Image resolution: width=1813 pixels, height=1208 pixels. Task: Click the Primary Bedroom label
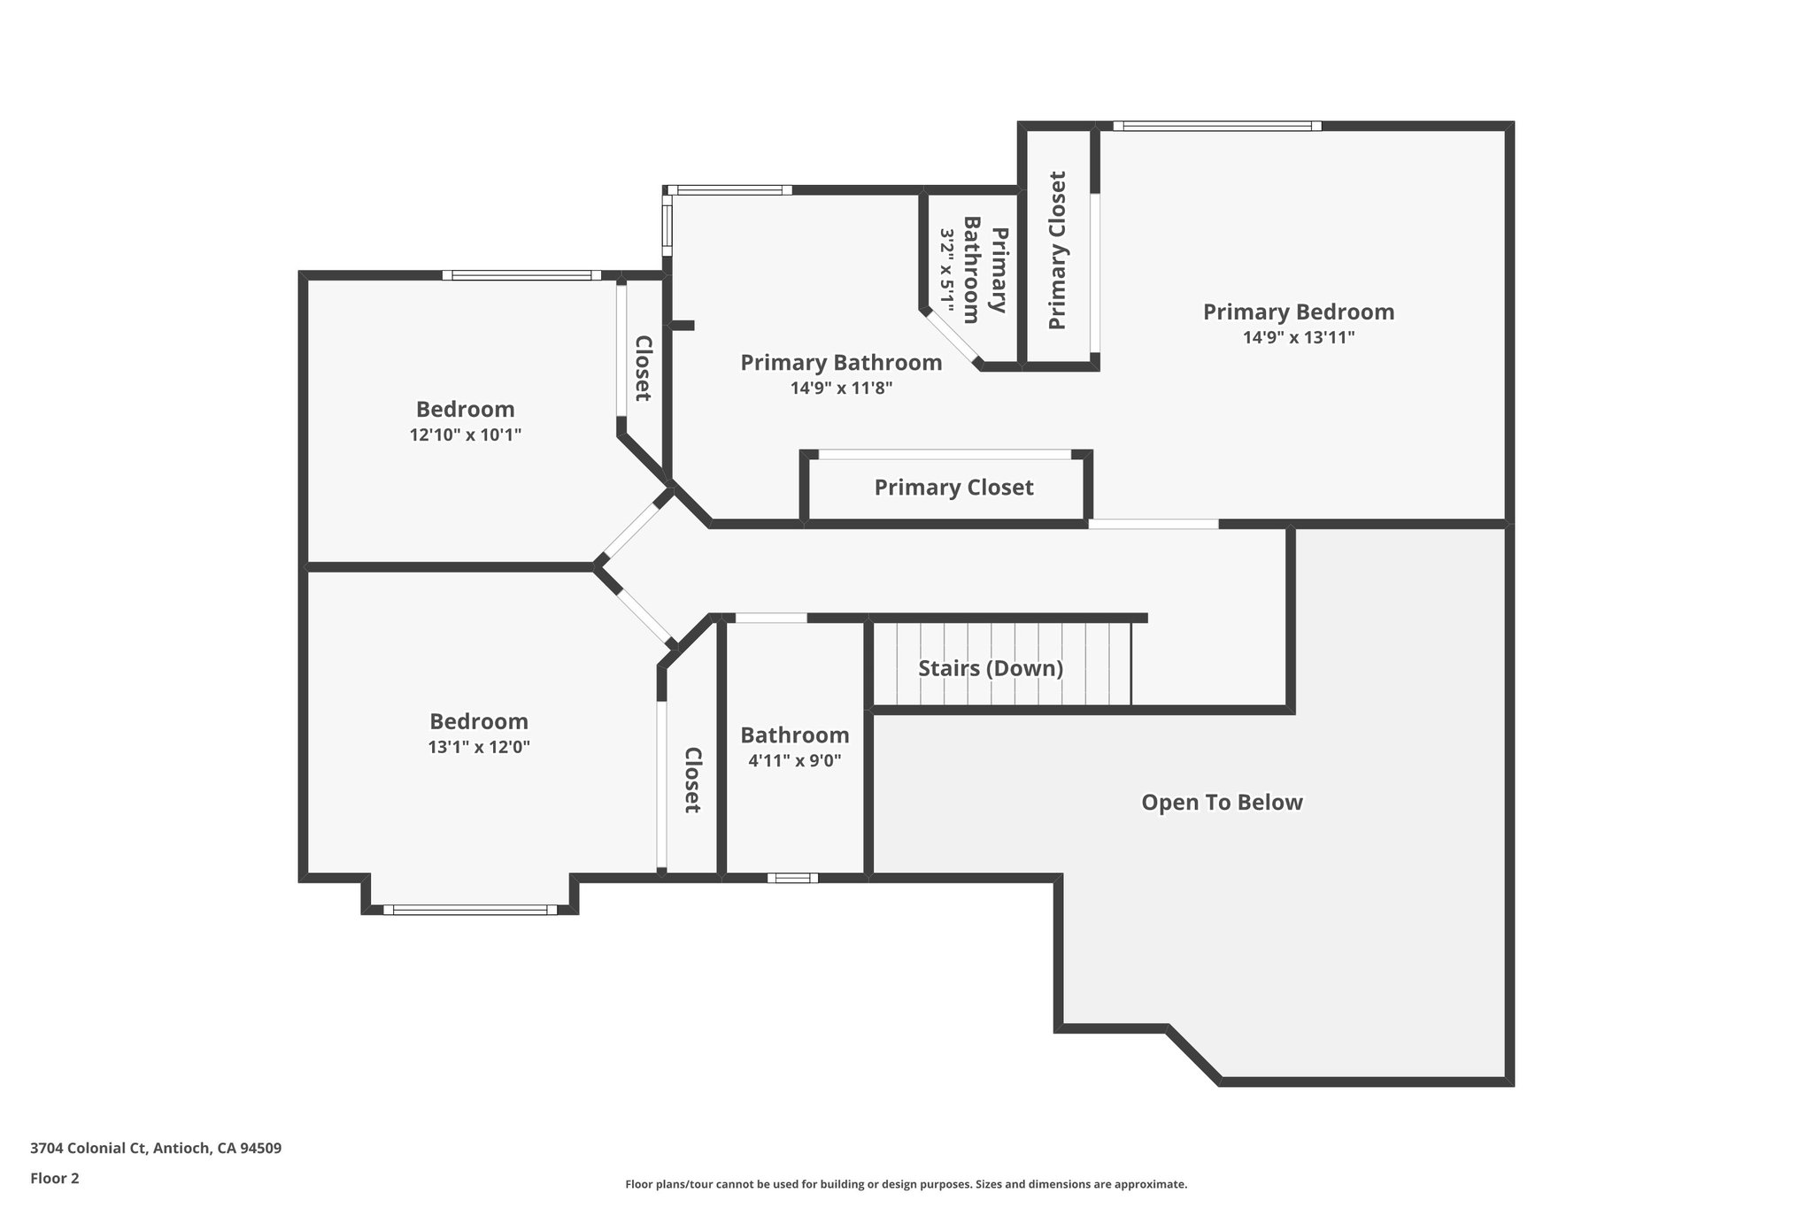pos(1298,312)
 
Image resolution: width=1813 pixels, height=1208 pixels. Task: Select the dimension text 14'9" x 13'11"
pos(1298,337)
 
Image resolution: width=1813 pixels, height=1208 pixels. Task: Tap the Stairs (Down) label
pos(990,668)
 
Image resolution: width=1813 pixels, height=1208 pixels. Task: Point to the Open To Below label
pos(1222,803)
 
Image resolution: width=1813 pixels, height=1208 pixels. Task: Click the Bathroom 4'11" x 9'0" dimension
pos(794,760)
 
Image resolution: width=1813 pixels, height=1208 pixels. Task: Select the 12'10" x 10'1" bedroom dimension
pos(465,435)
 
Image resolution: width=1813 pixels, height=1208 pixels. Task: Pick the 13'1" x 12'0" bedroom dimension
pos(478,747)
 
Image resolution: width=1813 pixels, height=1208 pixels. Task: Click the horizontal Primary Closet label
pos(953,488)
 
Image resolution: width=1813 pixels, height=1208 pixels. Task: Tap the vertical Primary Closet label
pos(1058,250)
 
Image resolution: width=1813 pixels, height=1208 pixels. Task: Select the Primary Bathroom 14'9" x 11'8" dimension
pos(841,388)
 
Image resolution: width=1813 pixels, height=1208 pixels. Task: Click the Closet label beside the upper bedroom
pos(644,367)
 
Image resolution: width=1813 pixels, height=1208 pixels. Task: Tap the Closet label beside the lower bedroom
pos(693,780)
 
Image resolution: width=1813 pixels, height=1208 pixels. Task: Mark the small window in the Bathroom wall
pos(792,878)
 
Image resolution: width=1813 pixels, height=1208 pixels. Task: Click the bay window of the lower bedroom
pos(470,909)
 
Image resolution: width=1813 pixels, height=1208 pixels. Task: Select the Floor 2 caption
pos(55,1178)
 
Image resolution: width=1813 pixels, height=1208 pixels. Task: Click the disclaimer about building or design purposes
pos(906,1184)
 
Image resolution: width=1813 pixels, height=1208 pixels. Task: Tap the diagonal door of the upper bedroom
pos(633,529)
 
